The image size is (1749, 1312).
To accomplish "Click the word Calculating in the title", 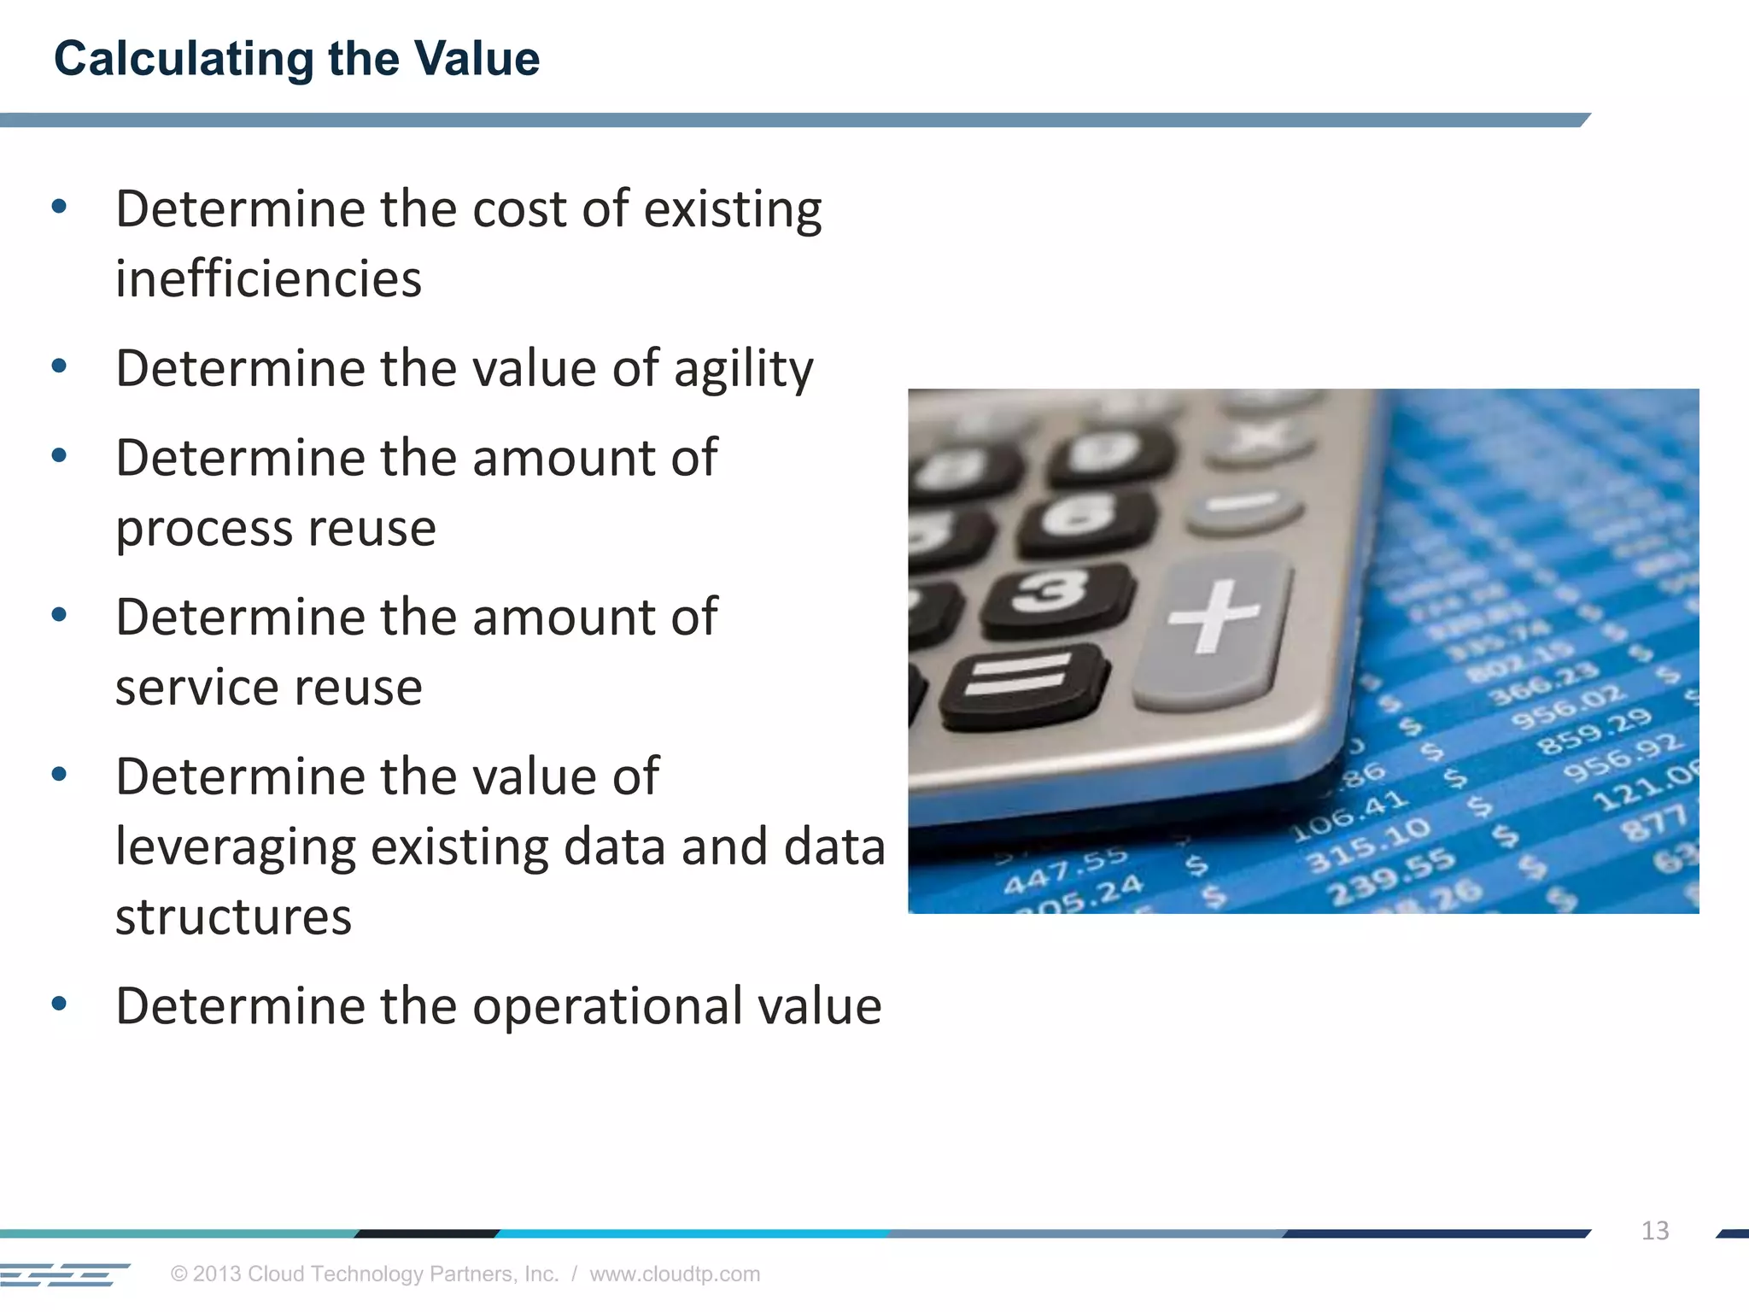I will tap(184, 60).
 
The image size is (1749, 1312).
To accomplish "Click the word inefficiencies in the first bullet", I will tap(268, 279).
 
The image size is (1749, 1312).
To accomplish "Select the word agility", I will tap(743, 370).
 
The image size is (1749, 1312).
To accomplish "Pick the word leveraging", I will tap(235, 848).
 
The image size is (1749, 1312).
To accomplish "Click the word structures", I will tap(233, 917).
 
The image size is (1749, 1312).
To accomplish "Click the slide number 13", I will tap(1654, 1231).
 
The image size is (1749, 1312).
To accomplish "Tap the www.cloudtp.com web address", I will tap(675, 1274).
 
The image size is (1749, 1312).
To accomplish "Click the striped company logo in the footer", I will tap(64, 1274).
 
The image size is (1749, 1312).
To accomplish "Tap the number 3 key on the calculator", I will tap(1053, 594).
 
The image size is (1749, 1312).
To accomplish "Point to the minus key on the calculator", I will tap(1245, 504).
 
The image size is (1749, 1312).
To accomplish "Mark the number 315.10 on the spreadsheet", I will tap(1368, 843).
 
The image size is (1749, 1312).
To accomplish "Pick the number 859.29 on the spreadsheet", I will tap(1594, 731).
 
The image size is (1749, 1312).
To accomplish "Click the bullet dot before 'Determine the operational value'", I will tap(59, 1004).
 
